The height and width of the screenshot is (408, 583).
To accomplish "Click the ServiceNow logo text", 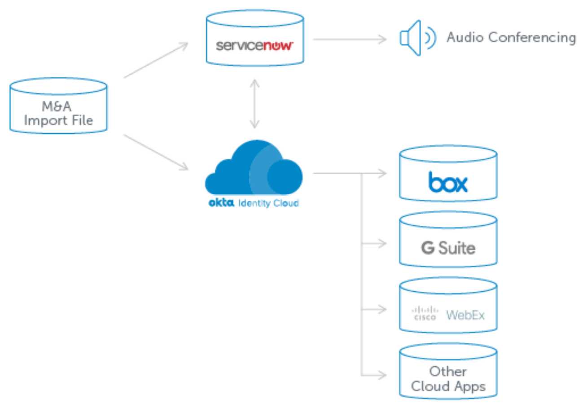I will pos(254,45).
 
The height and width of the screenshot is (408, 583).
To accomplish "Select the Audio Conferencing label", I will pos(511,38).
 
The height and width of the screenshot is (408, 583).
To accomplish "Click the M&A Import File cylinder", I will pos(58,106).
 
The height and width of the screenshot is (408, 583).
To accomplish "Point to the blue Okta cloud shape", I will pos(254,171).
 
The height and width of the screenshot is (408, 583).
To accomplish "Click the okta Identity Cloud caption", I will pos(254,203).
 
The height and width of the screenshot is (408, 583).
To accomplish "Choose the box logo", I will pos(448,182).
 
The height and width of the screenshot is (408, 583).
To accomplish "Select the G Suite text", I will pos(448,248).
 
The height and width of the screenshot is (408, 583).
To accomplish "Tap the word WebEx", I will pos(465,315).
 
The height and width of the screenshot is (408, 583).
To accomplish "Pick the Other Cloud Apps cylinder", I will pos(448,372).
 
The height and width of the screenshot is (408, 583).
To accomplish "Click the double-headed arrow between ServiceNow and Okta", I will pos(255,104).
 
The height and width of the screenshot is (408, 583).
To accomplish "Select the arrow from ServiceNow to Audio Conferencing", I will pos(350,39).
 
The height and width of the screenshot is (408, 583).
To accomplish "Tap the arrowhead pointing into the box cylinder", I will pos(383,173).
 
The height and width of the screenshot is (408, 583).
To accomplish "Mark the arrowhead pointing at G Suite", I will pos(383,244).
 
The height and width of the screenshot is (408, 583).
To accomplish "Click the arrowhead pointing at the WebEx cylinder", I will pos(383,309).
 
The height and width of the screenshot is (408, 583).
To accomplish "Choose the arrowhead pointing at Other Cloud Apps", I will pos(383,375).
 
